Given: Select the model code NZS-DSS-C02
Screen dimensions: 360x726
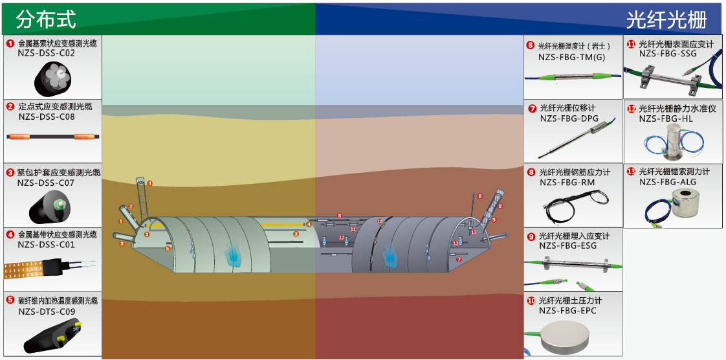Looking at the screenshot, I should (47, 53).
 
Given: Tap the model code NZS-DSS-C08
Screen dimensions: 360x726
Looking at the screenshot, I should (47, 117).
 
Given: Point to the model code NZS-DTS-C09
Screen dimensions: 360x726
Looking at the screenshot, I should (47, 311).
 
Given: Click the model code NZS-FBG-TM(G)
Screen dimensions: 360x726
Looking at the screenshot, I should (572, 58).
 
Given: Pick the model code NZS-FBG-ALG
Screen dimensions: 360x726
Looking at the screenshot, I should (668, 182).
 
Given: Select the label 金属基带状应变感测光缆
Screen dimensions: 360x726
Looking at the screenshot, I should (58, 234).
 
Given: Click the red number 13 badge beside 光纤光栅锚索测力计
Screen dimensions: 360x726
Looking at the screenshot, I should (632, 172).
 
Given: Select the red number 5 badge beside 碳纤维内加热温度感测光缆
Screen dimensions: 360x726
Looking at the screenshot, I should (10, 300).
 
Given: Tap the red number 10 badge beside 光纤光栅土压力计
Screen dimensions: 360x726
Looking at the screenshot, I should (531, 300).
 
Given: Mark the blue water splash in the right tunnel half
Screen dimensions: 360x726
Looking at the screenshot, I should (390, 254).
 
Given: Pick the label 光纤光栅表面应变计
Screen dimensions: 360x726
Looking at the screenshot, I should (676, 44).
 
